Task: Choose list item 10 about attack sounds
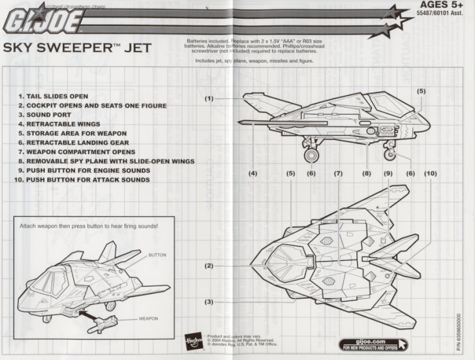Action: coord(88,179)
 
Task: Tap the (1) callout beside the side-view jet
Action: coord(208,98)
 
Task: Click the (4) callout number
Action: coord(253,173)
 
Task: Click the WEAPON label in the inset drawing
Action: coord(148,320)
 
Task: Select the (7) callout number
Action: coord(337,173)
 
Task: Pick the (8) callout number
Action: coord(367,173)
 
